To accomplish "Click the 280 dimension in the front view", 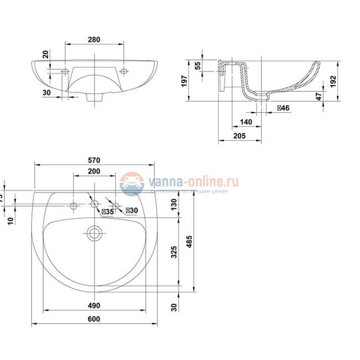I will coord(94,39).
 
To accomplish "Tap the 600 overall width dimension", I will coord(94,318).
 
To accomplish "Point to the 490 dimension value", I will coord(94,305).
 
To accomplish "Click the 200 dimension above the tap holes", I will coord(94,172).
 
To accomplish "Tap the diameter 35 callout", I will coord(107,210).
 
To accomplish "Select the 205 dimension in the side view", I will coord(240,136).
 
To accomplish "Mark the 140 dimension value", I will coord(246,122).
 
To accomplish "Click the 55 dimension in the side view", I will coord(198,65).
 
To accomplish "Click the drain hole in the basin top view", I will coord(95,233).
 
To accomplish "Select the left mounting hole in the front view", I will coord(64,71).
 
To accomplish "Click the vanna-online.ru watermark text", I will coord(192,181).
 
